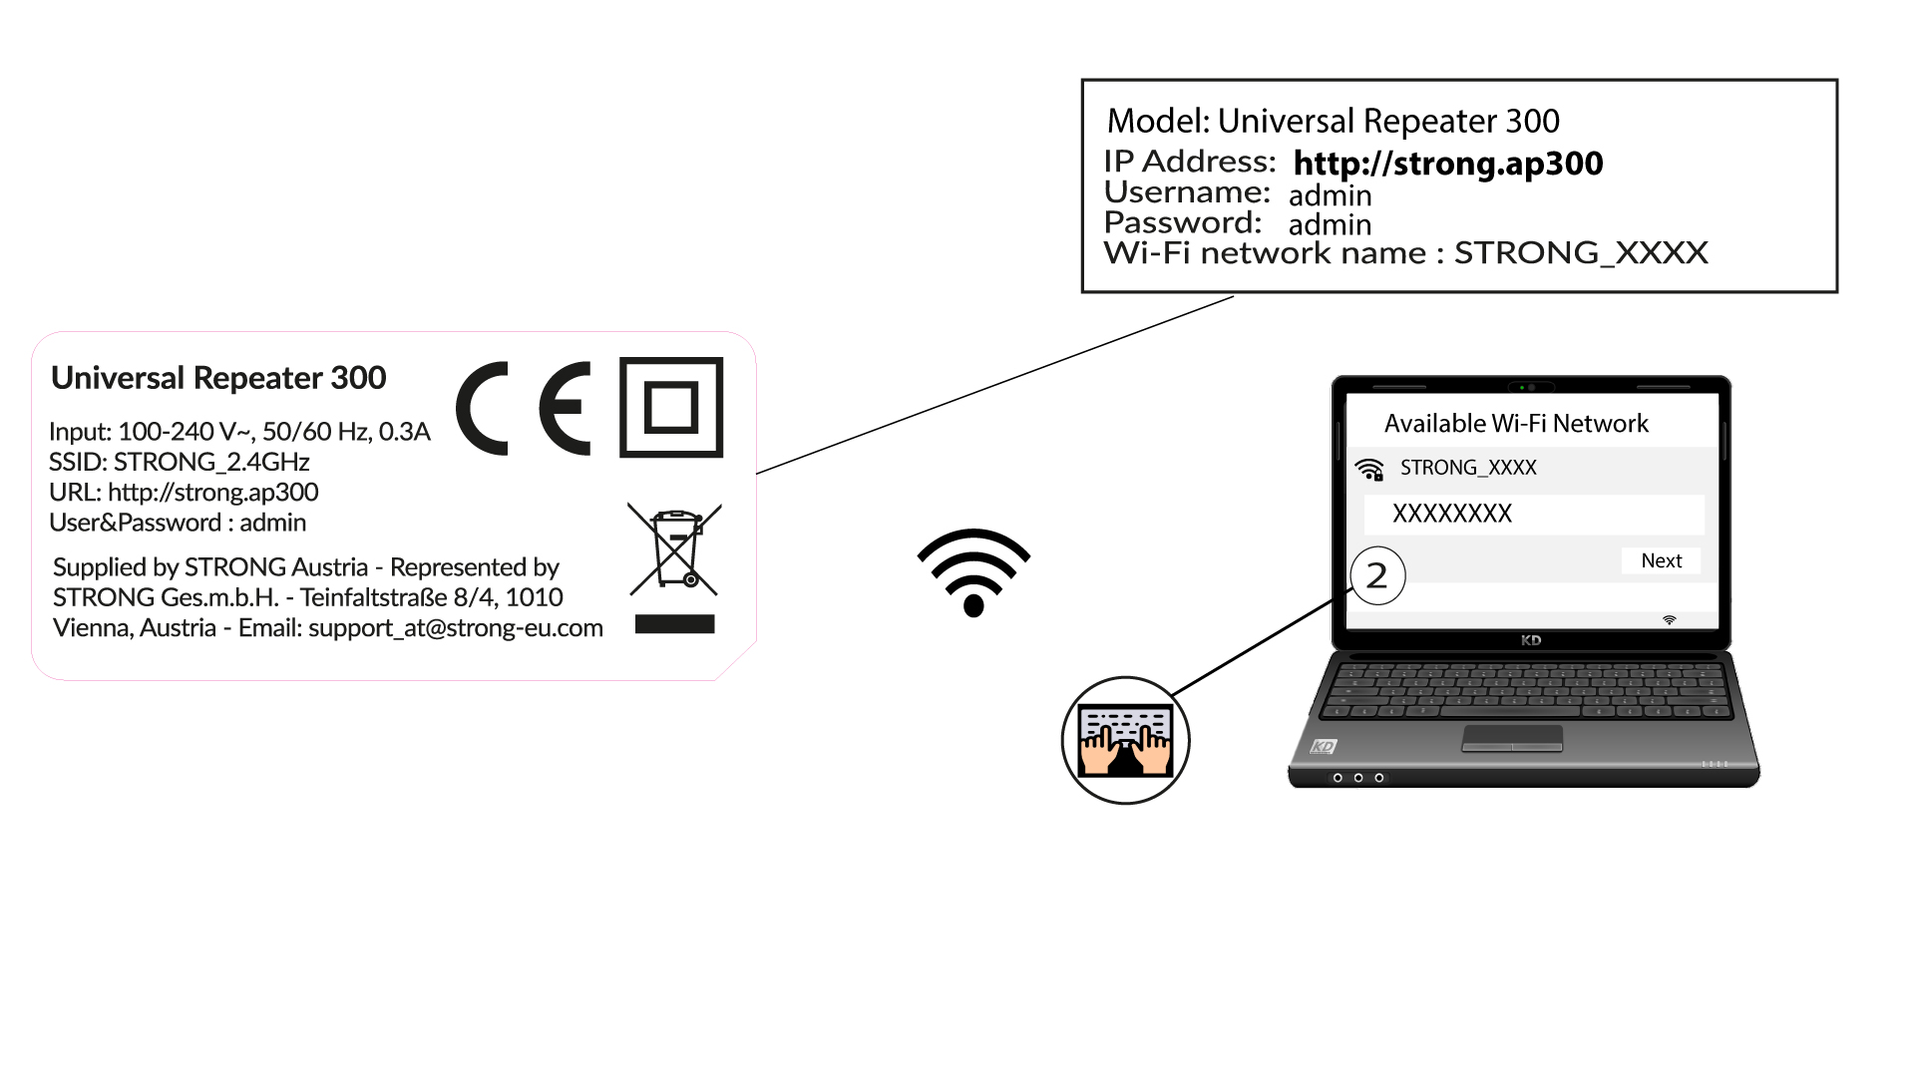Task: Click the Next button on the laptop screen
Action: click(x=1661, y=560)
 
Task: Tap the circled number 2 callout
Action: click(x=1377, y=575)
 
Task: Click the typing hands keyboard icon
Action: click(x=1125, y=740)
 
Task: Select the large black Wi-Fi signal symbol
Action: click(x=973, y=571)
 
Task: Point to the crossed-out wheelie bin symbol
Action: click(x=674, y=549)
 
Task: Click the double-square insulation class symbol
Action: click(x=671, y=407)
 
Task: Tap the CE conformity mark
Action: click(x=524, y=408)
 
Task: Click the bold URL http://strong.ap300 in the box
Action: click(x=1448, y=164)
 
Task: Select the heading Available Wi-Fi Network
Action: click(x=1516, y=424)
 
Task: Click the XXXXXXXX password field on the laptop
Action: click(x=1534, y=514)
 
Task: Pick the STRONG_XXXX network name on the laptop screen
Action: click(x=1468, y=468)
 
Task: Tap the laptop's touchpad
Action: click(x=1512, y=738)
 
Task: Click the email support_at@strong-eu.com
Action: click(x=456, y=628)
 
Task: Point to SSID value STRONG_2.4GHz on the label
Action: click(x=211, y=462)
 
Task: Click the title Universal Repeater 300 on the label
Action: click(x=218, y=378)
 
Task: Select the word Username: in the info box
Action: click(x=1187, y=191)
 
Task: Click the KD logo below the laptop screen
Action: click(x=1531, y=640)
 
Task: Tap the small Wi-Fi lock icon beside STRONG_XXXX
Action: click(x=1370, y=470)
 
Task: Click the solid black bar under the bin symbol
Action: click(x=674, y=624)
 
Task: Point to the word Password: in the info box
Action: click(x=1183, y=222)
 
